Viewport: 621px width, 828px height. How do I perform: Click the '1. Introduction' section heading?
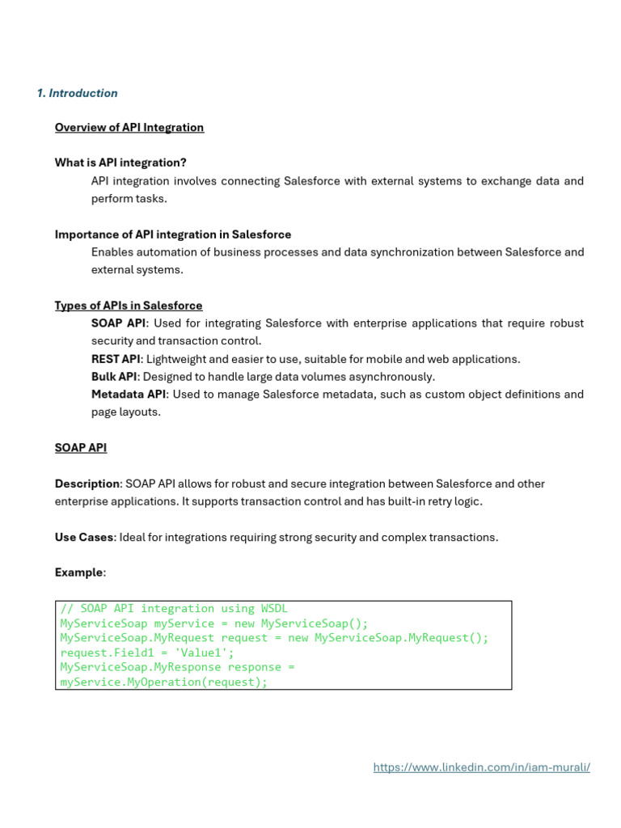pos(78,93)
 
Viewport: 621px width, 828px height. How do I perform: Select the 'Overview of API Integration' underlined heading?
pos(129,127)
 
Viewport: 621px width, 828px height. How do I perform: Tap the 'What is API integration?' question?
pos(120,163)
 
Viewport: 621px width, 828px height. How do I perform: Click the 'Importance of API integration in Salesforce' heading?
pos(173,234)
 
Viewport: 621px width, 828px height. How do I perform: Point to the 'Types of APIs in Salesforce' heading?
pos(129,306)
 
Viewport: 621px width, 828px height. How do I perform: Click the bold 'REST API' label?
pos(116,359)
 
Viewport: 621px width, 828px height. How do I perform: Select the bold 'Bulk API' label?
pos(114,377)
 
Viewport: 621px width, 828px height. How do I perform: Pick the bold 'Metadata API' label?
pos(129,395)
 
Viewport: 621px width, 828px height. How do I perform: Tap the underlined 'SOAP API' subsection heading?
pos(81,447)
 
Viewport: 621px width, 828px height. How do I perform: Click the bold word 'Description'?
pos(87,484)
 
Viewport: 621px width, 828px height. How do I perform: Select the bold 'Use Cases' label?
pos(84,537)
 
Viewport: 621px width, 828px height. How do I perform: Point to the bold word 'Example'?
pos(79,572)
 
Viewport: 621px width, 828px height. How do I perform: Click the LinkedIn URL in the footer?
pos(482,767)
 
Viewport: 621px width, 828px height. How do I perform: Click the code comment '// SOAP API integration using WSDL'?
pos(174,608)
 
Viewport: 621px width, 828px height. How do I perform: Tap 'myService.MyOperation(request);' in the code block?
pos(163,682)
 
